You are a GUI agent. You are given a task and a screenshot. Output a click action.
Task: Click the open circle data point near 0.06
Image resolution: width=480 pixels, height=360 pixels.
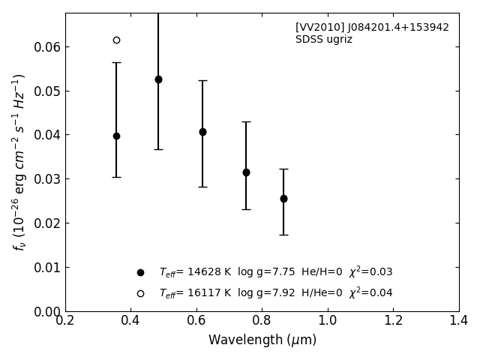pos(116,40)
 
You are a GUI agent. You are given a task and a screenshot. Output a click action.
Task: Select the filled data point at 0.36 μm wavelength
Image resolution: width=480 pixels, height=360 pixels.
pos(116,136)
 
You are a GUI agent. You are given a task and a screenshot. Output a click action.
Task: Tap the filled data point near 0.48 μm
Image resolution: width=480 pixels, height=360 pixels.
pos(158,79)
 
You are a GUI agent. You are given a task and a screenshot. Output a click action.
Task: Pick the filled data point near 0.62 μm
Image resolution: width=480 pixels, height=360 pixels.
pos(202,132)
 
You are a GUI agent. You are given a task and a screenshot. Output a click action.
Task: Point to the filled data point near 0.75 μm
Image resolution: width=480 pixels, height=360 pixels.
pos(246,172)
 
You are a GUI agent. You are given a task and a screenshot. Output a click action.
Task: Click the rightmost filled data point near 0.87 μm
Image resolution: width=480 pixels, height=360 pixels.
pos(283,199)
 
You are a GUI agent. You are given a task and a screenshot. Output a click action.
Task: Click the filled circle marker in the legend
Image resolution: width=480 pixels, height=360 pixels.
pos(140,272)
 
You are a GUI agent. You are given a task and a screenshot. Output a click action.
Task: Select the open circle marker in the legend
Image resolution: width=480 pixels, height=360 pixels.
pos(140,293)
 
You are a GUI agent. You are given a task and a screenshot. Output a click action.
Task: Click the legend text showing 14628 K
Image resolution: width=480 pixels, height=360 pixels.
pos(275,272)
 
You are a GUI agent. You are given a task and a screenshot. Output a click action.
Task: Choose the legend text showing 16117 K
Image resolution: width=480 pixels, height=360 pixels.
pos(275,293)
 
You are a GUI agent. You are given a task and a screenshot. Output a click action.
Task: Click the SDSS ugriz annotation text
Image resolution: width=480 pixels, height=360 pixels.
pos(323,40)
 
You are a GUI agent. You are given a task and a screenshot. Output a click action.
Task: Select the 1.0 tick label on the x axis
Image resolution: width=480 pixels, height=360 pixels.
pos(328,321)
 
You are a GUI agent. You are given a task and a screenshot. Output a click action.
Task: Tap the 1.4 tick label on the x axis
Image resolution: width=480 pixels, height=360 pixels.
pos(459,321)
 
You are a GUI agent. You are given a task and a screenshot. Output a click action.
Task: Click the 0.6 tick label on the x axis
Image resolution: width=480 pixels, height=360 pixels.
pos(196,321)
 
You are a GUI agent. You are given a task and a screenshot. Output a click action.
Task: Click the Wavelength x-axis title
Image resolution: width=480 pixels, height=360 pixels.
pos(262,340)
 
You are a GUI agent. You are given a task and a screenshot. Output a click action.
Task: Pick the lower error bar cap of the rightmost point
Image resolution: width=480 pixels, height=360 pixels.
pos(283,235)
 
